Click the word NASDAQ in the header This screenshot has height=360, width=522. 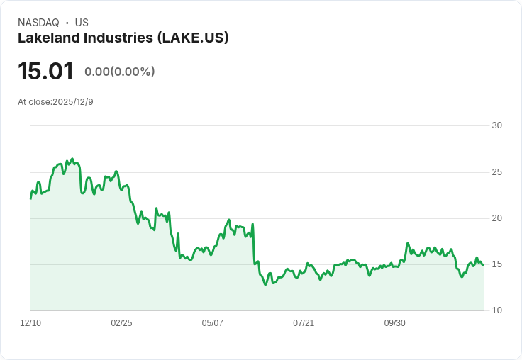(x=38, y=23)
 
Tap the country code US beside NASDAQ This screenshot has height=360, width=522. (x=82, y=23)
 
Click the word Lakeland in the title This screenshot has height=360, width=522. (x=47, y=38)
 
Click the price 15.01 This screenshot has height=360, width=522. (x=45, y=71)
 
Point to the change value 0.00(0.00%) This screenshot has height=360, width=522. (x=119, y=72)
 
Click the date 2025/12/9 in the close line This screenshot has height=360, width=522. (x=73, y=102)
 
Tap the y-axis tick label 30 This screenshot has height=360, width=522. (x=496, y=125)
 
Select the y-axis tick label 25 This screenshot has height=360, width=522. (x=496, y=172)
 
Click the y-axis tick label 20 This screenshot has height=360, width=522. (x=496, y=218)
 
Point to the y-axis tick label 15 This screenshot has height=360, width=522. (x=496, y=264)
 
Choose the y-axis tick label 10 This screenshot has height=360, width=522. (x=496, y=310)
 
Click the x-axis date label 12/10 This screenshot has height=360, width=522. (x=30, y=323)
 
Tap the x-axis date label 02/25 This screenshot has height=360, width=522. (x=121, y=323)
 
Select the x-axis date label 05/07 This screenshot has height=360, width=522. (x=212, y=323)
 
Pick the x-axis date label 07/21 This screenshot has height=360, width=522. (x=304, y=323)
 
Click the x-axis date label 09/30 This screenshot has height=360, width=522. (x=394, y=323)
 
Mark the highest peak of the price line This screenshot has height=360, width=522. (x=72, y=159)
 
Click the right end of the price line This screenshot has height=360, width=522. (x=483, y=264)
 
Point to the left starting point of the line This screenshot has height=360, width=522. (x=30, y=198)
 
